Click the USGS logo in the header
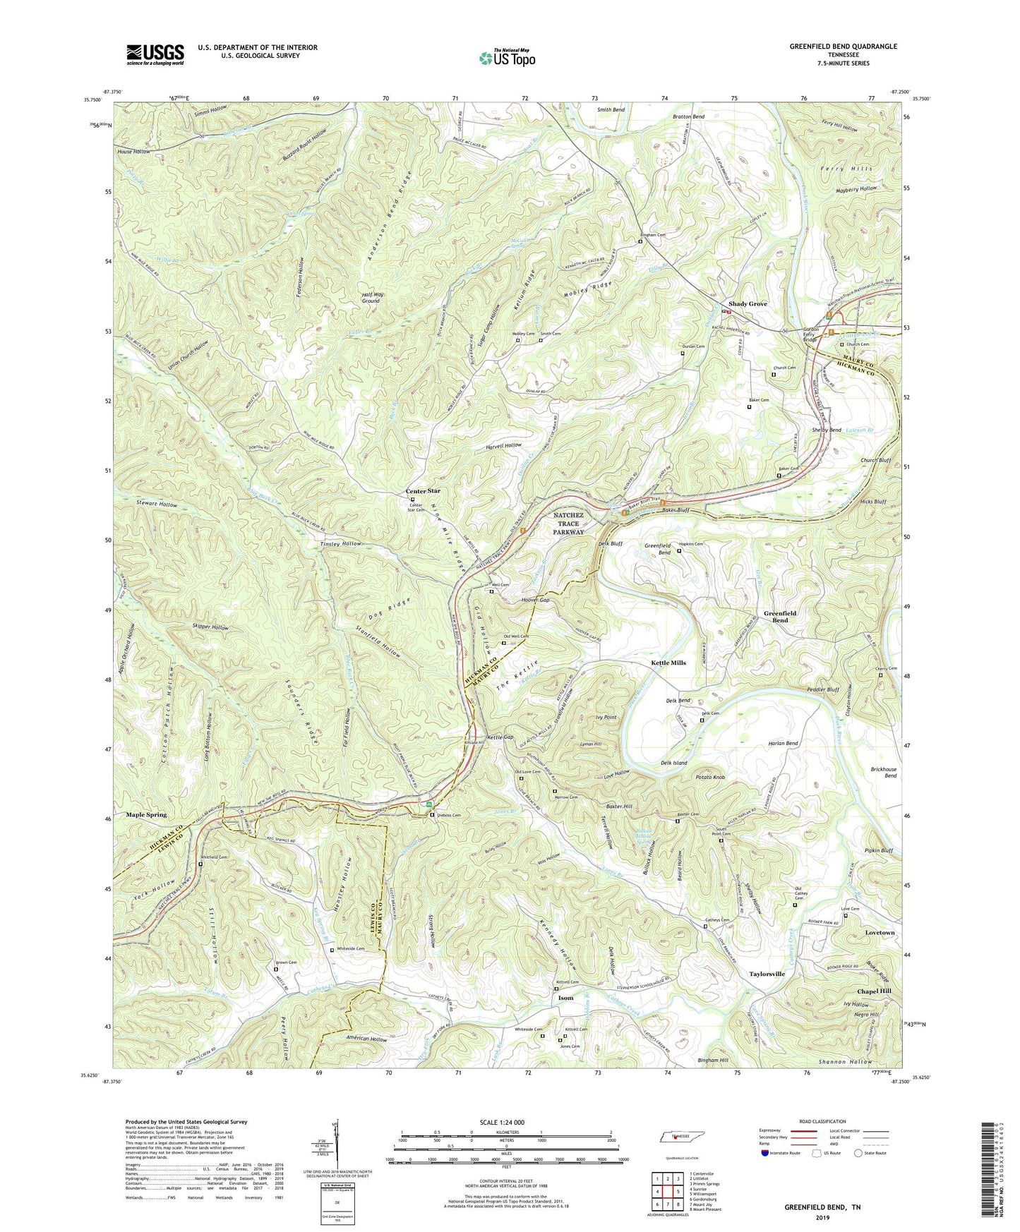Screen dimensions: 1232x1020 click(155, 54)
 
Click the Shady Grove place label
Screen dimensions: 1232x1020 click(748, 303)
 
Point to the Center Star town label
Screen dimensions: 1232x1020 click(423, 491)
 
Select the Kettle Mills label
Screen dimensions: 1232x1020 click(668, 663)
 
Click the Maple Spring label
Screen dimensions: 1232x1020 click(146, 814)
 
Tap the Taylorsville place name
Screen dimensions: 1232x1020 click(767, 974)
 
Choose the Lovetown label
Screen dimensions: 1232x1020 click(880, 933)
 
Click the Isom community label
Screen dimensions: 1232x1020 click(565, 998)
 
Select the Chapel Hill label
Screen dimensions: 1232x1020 click(874, 991)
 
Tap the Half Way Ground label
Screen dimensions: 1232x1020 click(371, 298)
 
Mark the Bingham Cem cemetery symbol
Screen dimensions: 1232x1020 click(640, 242)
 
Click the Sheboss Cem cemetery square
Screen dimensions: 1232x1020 click(433, 816)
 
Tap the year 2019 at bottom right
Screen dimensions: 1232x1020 click(822, 1218)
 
